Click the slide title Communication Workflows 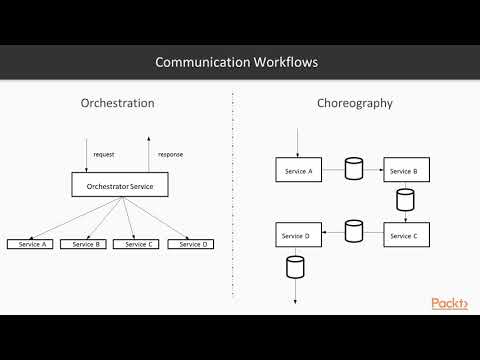pyautogui.click(x=236, y=62)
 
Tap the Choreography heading pyautogui.click(x=354, y=103)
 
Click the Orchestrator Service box pyautogui.click(x=120, y=185)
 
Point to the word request pyautogui.click(x=104, y=155)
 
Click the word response pyautogui.click(x=170, y=155)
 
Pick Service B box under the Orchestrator pyautogui.click(x=84, y=244)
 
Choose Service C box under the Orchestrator pyautogui.click(x=137, y=244)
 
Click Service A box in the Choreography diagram pyautogui.click(x=297, y=170)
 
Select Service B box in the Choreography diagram pyautogui.click(x=403, y=170)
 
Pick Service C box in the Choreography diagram pyautogui.click(x=403, y=236)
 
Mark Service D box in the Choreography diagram pyautogui.click(x=296, y=236)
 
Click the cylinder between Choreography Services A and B pyautogui.click(x=353, y=169)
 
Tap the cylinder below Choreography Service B pyautogui.click(x=405, y=200)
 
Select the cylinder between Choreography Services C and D pyautogui.click(x=353, y=232)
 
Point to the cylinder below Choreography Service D pyautogui.click(x=295, y=267)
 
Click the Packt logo pyautogui.click(x=450, y=303)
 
